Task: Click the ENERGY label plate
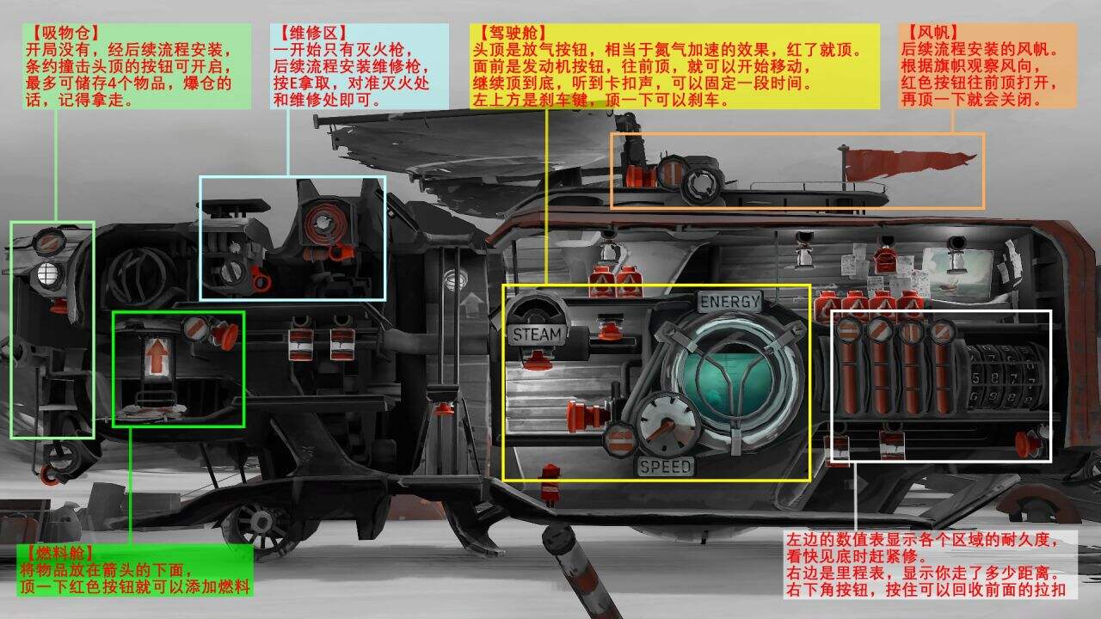tap(730, 302)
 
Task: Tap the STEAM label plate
tap(537, 334)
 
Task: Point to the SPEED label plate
tap(666, 466)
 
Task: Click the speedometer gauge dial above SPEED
tap(667, 425)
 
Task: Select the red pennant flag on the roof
tap(908, 163)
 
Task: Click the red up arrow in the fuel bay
tap(157, 357)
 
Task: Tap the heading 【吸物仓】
tap(64, 33)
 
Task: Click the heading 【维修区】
tap(311, 33)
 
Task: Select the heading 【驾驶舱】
tap(511, 33)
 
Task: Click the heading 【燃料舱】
tap(58, 554)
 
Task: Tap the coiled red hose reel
tap(324, 224)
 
